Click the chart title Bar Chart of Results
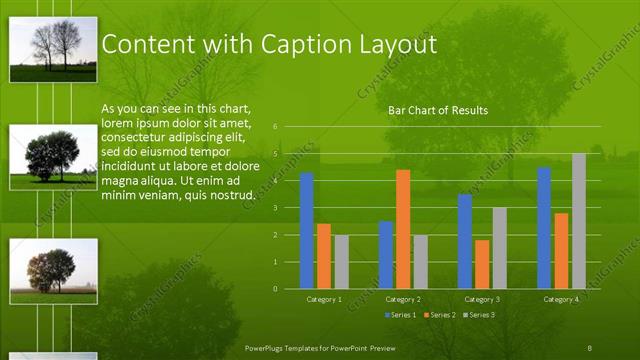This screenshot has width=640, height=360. tap(437, 110)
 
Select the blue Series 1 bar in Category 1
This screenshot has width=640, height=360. tap(307, 231)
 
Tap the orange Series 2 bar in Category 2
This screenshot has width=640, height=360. tap(403, 229)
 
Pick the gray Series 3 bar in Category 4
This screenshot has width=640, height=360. tap(578, 221)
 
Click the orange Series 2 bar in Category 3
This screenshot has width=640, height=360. tap(482, 264)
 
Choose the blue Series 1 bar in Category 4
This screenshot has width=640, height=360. tap(544, 228)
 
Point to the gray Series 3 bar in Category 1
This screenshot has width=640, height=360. tap(341, 262)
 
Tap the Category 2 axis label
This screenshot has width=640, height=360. tap(402, 299)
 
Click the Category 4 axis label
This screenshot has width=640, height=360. tap(560, 299)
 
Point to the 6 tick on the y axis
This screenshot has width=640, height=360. tap(289, 127)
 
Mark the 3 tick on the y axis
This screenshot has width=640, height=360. tap(289, 208)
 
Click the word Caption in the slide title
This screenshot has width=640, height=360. tap(301, 45)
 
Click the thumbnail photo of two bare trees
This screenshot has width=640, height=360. tap(53, 48)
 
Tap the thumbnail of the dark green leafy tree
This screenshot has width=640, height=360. tap(53, 157)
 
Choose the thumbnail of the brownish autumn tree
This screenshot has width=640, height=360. tap(53, 271)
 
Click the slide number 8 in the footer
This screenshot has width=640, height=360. tap(589, 347)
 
